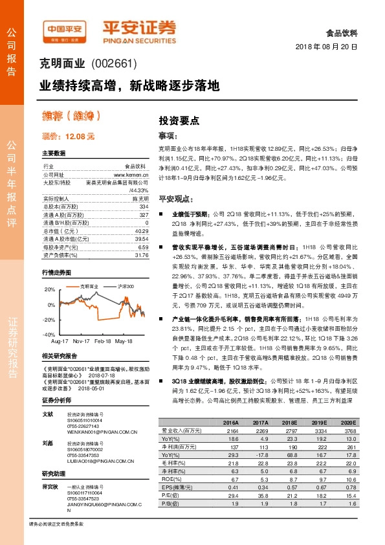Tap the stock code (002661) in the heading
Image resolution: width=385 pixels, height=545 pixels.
[114, 65]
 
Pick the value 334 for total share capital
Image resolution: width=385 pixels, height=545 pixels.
[144, 206]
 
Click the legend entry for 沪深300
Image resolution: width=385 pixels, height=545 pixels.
[126, 285]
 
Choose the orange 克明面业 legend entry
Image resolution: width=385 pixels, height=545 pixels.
[89, 285]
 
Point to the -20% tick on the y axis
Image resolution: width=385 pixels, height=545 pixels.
[49, 320]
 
